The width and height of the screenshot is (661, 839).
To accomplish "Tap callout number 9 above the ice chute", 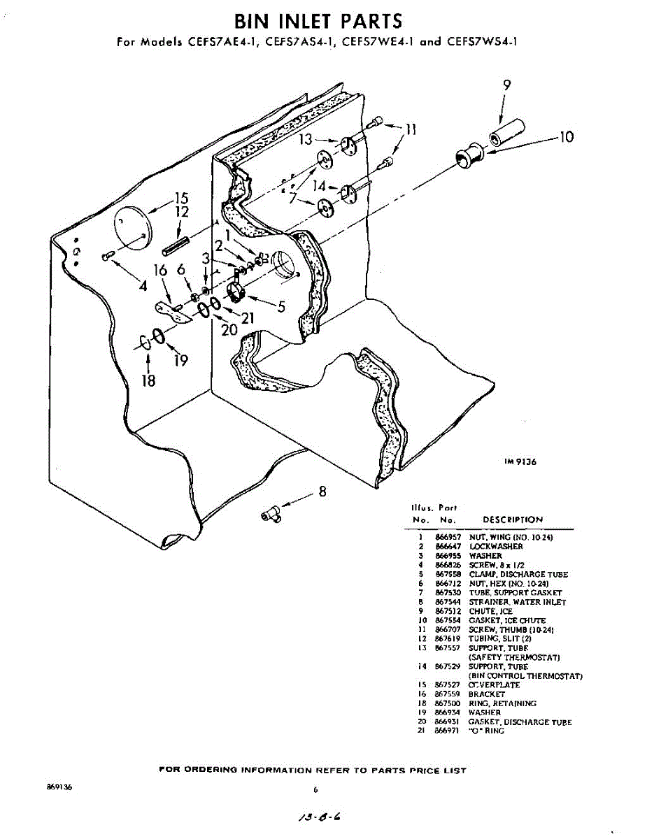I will click(507, 85).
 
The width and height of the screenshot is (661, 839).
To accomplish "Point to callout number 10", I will click(567, 137).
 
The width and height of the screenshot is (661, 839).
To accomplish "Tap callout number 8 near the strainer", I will click(322, 492).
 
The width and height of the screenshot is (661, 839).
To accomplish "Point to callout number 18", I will click(148, 380).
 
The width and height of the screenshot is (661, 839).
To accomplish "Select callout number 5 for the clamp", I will click(281, 306).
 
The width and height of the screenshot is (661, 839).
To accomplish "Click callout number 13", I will click(306, 140).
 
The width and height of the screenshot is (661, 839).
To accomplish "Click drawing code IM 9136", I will click(520, 462).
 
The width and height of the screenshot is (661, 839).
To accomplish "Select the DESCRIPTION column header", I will click(513, 520).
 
